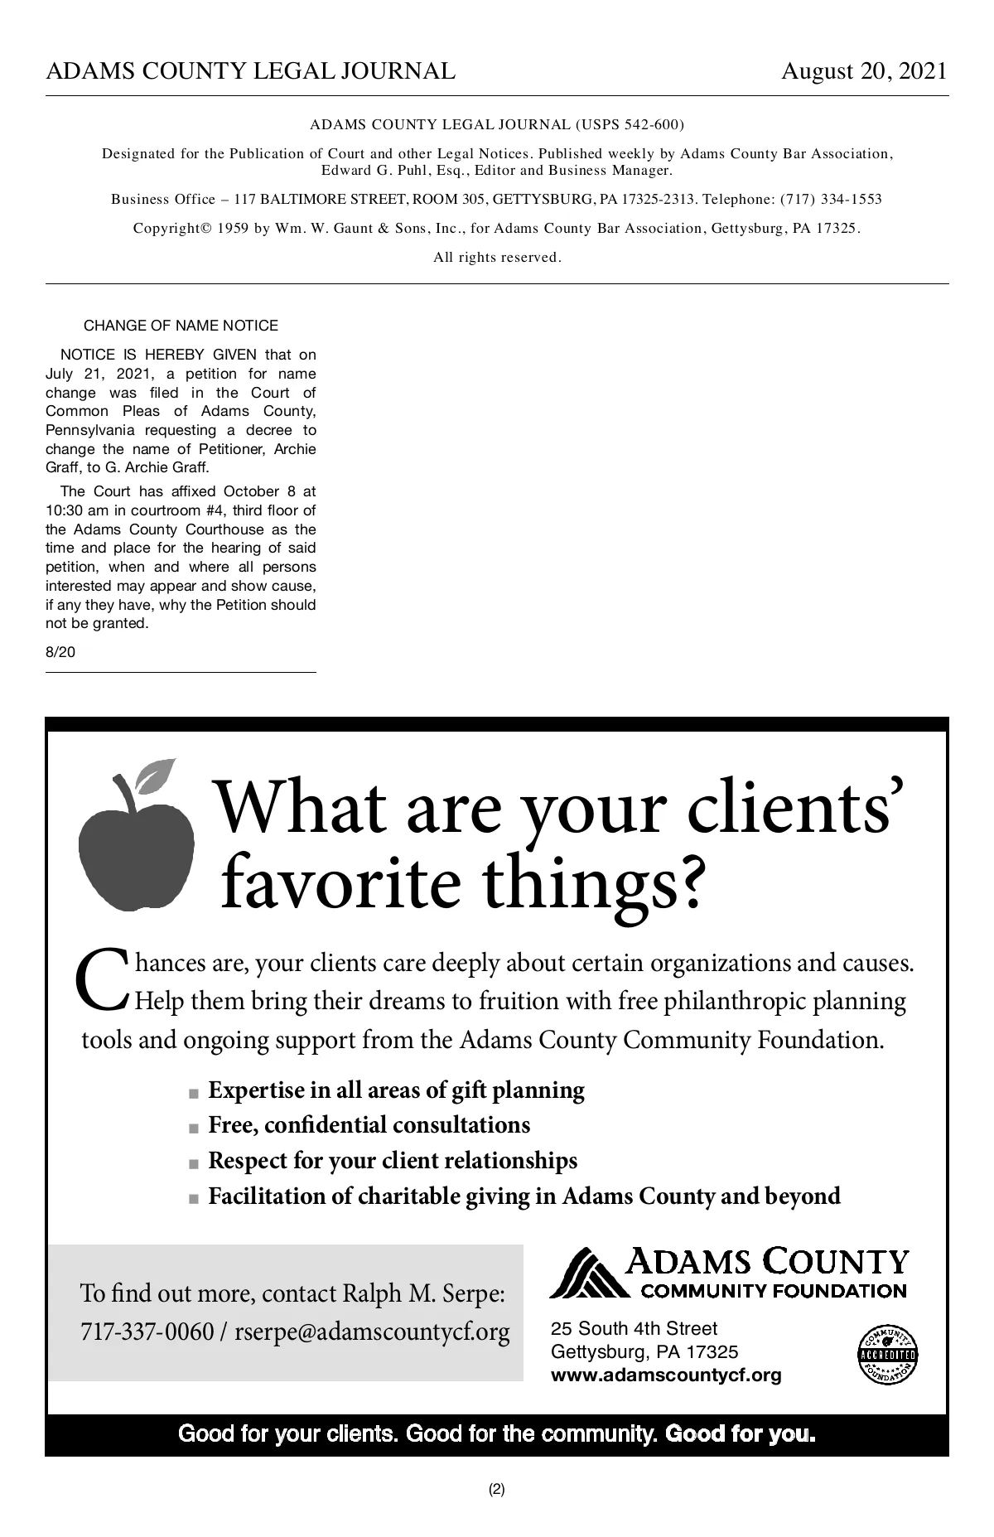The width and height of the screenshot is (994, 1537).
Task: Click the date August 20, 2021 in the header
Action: [863, 71]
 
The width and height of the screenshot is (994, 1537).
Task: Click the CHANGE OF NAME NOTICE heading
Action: [181, 326]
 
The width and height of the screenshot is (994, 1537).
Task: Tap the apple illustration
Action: [135, 849]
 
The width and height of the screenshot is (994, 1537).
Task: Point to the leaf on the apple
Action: [157, 774]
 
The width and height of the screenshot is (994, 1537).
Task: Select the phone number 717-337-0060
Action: [147, 1332]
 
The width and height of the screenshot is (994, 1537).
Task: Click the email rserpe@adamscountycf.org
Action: [372, 1332]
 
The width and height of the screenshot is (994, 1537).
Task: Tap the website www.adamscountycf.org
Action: [666, 1375]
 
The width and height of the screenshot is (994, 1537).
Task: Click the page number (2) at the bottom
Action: [496, 1489]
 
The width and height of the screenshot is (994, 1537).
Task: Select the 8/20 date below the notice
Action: [60, 652]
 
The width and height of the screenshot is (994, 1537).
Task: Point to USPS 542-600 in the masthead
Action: [628, 125]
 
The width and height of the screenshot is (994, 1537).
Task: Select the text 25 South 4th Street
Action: [634, 1329]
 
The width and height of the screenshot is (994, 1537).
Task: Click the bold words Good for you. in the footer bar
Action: [740, 1433]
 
